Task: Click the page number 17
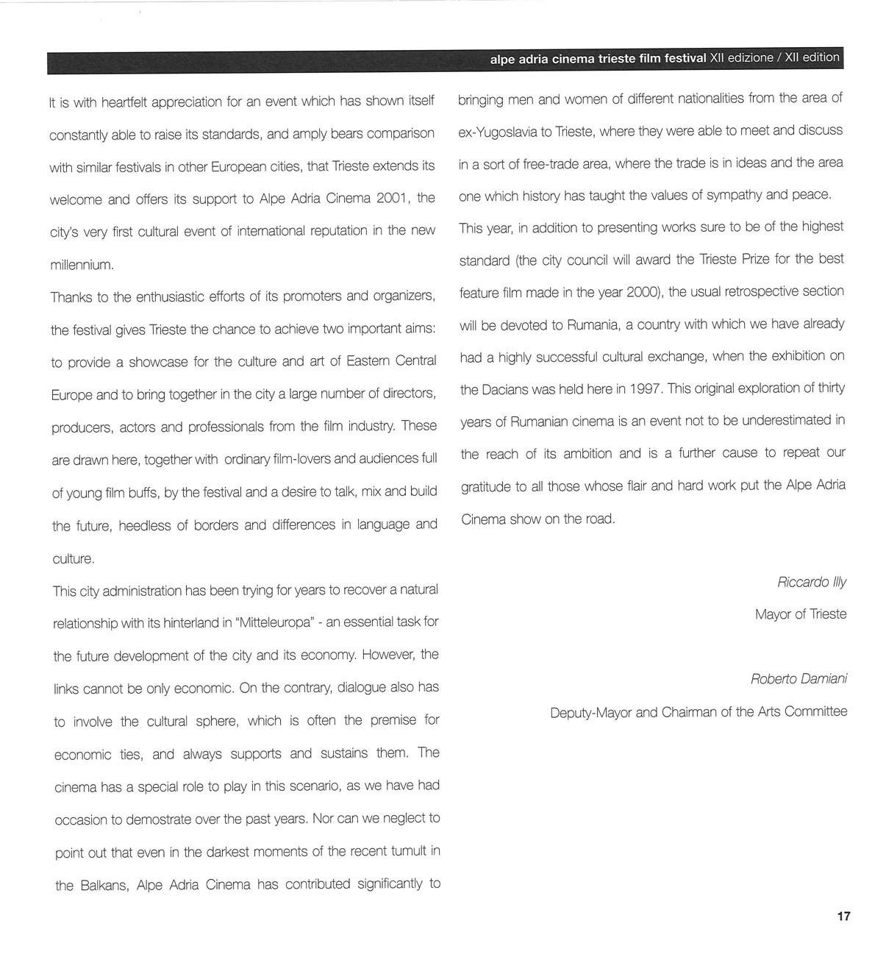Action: (843, 916)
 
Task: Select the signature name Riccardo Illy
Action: (812, 582)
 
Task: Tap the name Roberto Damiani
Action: (799, 679)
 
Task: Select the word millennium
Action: (82, 265)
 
